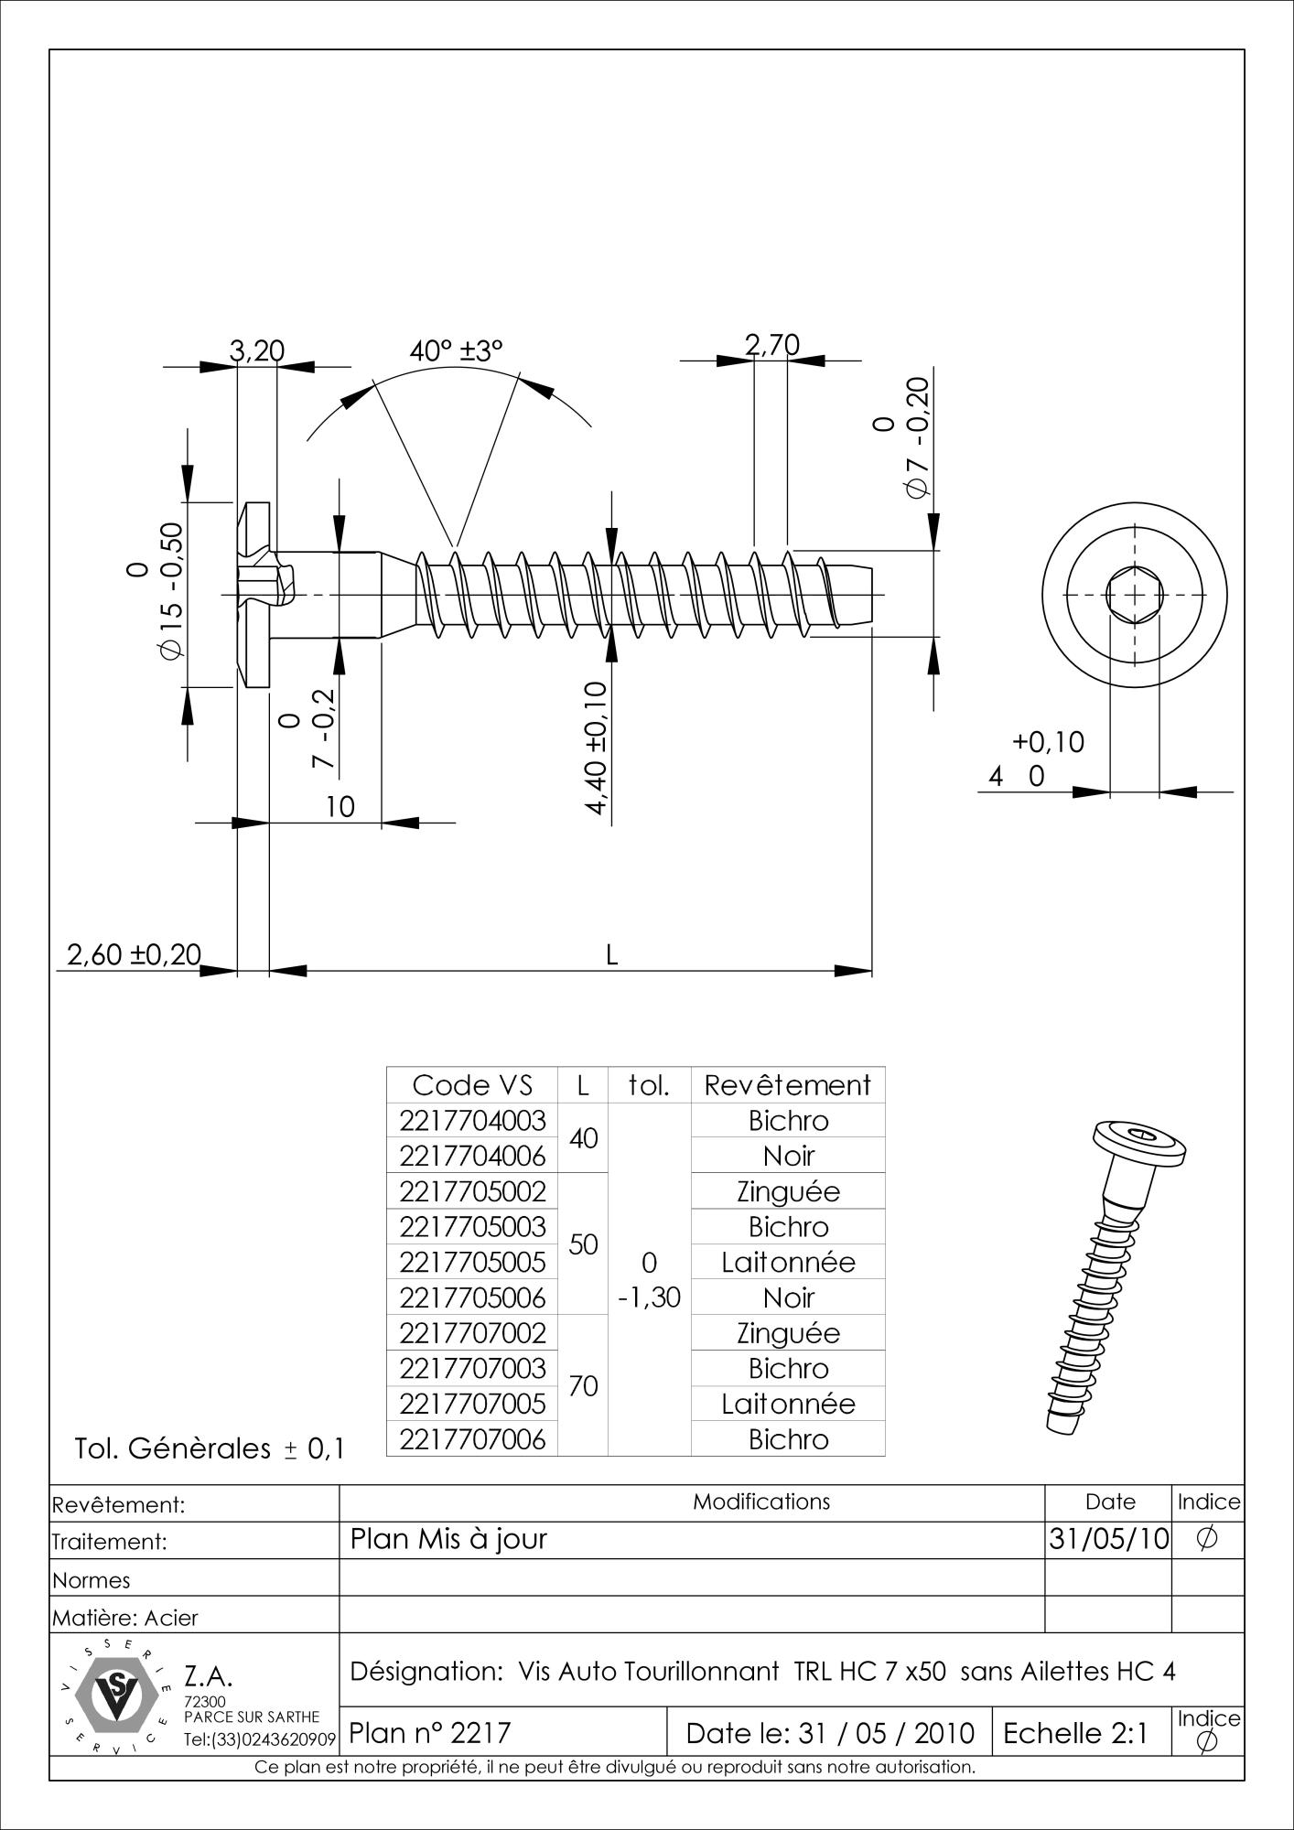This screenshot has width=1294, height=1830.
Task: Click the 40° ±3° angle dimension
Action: click(x=457, y=350)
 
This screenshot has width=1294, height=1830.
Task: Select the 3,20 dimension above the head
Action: click(x=256, y=350)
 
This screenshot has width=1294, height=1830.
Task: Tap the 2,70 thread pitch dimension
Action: click(x=771, y=345)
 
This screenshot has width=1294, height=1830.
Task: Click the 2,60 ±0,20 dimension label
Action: click(x=134, y=954)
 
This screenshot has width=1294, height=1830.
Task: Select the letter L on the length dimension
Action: click(x=612, y=955)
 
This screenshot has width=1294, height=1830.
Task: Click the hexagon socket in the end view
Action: click(x=1135, y=596)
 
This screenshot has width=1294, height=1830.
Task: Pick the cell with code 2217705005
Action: click(x=472, y=1263)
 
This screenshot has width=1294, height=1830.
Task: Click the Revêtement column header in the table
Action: click(x=787, y=1085)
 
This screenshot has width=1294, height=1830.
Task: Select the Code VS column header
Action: click(x=472, y=1085)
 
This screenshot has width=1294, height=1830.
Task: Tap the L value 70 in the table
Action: click(x=583, y=1386)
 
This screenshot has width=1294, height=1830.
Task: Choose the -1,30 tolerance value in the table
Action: click(x=649, y=1297)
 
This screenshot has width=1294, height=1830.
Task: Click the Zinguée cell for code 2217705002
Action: click(x=787, y=1191)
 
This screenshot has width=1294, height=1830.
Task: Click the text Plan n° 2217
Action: click(x=430, y=1732)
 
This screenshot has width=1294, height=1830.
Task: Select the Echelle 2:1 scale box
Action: click(x=1075, y=1732)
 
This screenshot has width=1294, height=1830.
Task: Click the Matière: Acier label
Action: click(x=125, y=1618)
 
